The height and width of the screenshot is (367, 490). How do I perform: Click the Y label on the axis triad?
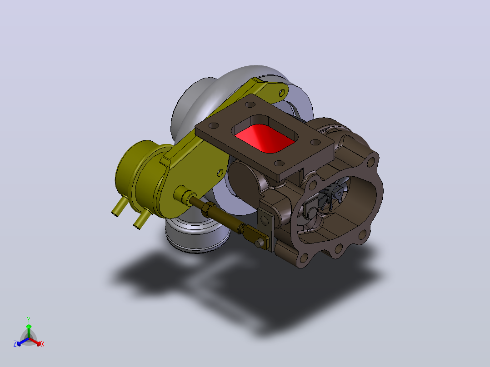click(x=29, y=319)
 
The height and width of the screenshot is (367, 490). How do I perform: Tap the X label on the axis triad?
click(x=43, y=344)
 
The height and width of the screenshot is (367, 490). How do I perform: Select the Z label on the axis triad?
click(x=15, y=344)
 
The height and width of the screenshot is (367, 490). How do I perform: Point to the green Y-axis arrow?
click(x=29, y=331)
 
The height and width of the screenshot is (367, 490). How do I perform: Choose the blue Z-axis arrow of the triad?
click(x=23, y=342)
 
